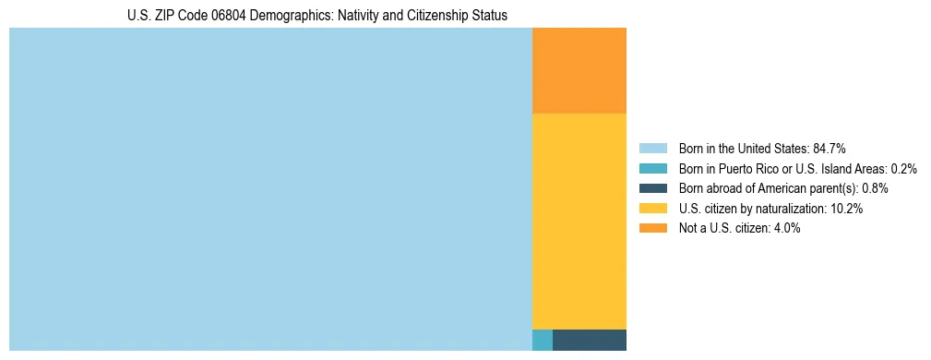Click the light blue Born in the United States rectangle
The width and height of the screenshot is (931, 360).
[x=270, y=189]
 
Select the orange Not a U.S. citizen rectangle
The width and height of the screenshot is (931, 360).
[x=579, y=70]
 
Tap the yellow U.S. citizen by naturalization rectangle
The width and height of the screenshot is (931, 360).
[x=579, y=221]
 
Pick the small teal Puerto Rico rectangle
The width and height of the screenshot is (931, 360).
[x=543, y=340]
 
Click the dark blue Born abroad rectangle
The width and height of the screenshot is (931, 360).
[x=590, y=340]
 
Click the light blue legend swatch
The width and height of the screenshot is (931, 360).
[x=652, y=148]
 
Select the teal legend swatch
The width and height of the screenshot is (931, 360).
[x=652, y=168]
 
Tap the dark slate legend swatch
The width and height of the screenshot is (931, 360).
[x=652, y=188]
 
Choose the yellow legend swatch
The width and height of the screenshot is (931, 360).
[x=652, y=209]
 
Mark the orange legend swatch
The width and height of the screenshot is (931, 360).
[x=652, y=228]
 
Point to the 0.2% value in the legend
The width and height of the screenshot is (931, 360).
[x=904, y=168]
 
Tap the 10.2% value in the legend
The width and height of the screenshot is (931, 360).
[x=846, y=209]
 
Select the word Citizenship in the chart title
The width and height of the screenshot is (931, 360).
[x=438, y=16]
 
